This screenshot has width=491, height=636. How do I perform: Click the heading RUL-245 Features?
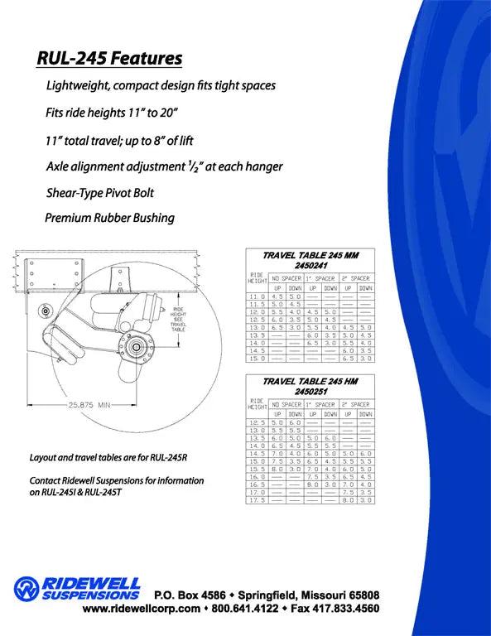click(x=109, y=59)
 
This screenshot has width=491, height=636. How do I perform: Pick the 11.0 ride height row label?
click(x=258, y=296)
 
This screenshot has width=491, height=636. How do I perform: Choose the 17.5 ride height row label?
click(x=258, y=500)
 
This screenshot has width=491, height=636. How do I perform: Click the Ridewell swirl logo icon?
click(x=26, y=589)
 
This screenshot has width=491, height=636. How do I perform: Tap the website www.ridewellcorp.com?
click(x=141, y=609)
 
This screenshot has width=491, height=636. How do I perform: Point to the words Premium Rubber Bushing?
click(x=109, y=218)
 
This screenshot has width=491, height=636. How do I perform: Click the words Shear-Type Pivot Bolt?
click(x=100, y=192)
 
